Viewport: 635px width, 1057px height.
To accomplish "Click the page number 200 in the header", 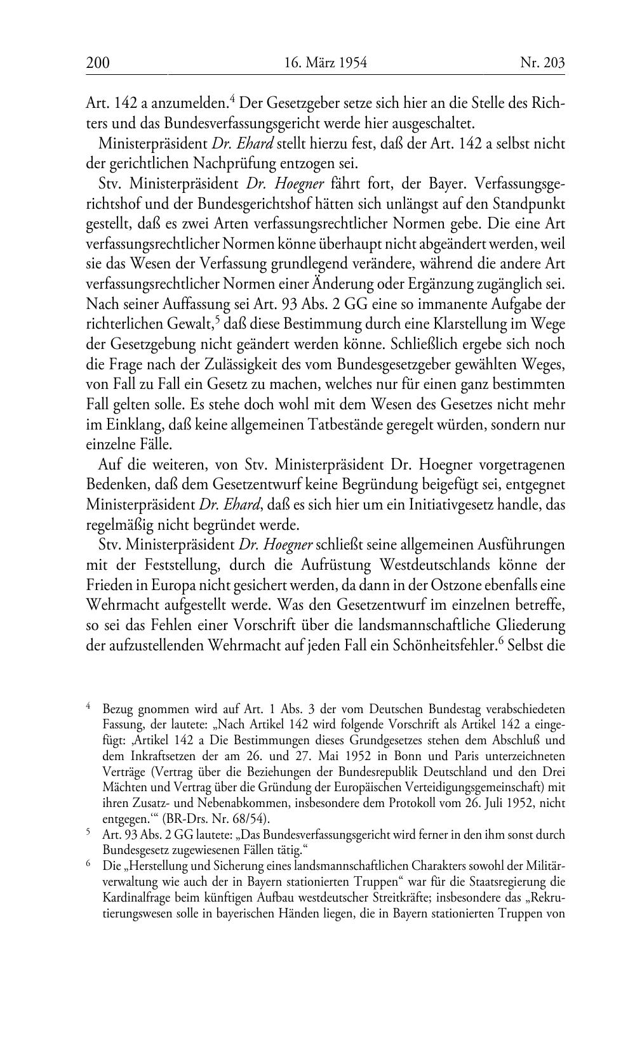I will coord(98,63).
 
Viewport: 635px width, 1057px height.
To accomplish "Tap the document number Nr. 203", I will coord(542,63).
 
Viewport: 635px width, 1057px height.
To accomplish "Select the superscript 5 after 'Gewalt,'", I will coord(217,320).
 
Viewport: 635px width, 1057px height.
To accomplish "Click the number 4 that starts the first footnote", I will coord(89,705).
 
